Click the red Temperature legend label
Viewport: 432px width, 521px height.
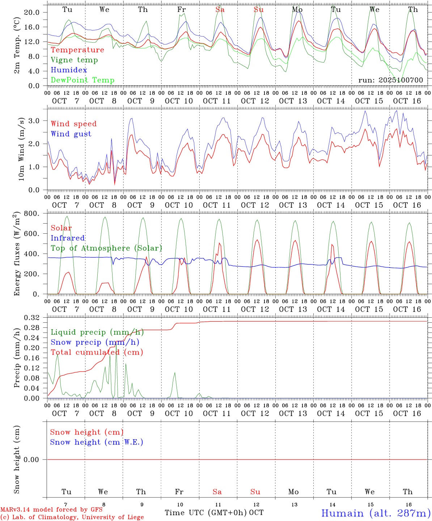click(x=77, y=50)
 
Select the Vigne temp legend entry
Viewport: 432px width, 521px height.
click(x=74, y=60)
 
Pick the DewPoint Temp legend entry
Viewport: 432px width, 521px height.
click(x=82, y=80)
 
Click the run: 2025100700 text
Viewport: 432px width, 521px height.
click(x=390, y=80)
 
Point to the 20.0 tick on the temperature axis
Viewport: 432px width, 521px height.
click(x=31, y=12)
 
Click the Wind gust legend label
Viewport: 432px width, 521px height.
click(x=71, y=134)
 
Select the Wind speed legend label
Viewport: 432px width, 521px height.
click(x=74, y=124)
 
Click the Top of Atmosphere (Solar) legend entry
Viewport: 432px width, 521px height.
click(x=106, y=248)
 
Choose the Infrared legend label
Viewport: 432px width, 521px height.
click(x=68, y=238)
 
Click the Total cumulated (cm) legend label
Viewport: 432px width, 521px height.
click(x=97, y=352)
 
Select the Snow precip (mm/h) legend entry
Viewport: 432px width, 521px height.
click(x=95, y=342)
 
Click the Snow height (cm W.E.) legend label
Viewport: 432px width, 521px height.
click(x=97, y=442)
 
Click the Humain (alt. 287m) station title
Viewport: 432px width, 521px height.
click(x=376, y=513)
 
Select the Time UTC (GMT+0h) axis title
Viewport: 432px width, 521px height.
click(x=206, y=513)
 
